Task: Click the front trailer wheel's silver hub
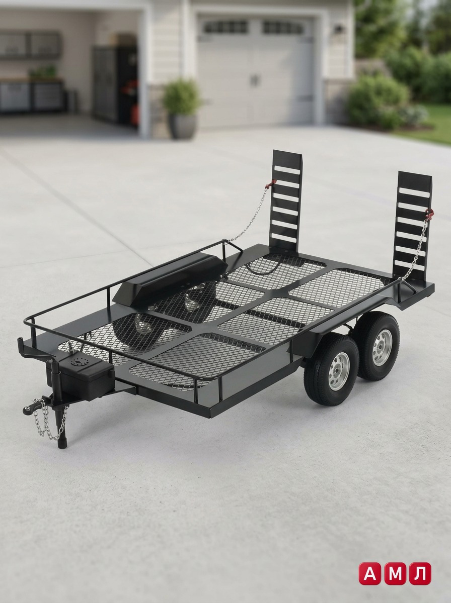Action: pyautogui.click(x=337, y=369)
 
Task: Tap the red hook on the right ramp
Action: pyautogui.click(x=429, y=213)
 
